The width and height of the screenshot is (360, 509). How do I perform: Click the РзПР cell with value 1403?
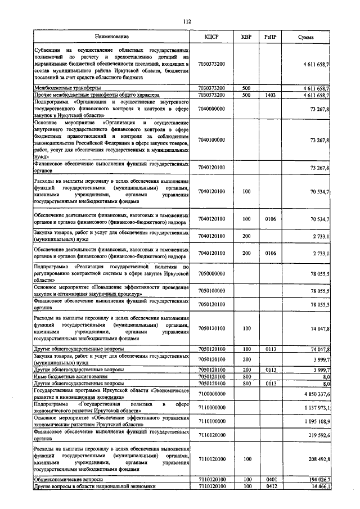270,96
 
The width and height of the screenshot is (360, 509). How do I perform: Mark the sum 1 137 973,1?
316,408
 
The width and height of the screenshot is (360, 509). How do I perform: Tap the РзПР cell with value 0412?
270,485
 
